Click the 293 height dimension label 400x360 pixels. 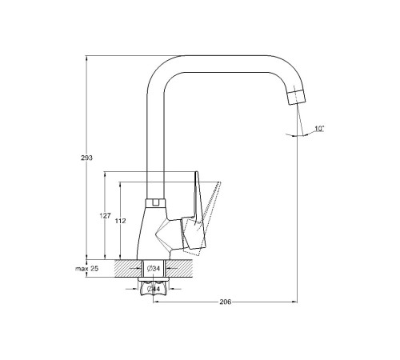(87, 158)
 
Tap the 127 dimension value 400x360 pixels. (106, 216)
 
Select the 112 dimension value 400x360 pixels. (121, 221)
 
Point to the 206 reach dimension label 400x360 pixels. (226, 302)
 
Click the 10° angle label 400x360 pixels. (319, 129)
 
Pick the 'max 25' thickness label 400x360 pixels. (86, 269)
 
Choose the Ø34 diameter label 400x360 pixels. (154, 269)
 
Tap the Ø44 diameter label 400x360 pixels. (154, 289)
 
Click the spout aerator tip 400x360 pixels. (297, 98)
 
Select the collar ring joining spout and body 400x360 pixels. (156, 203)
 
